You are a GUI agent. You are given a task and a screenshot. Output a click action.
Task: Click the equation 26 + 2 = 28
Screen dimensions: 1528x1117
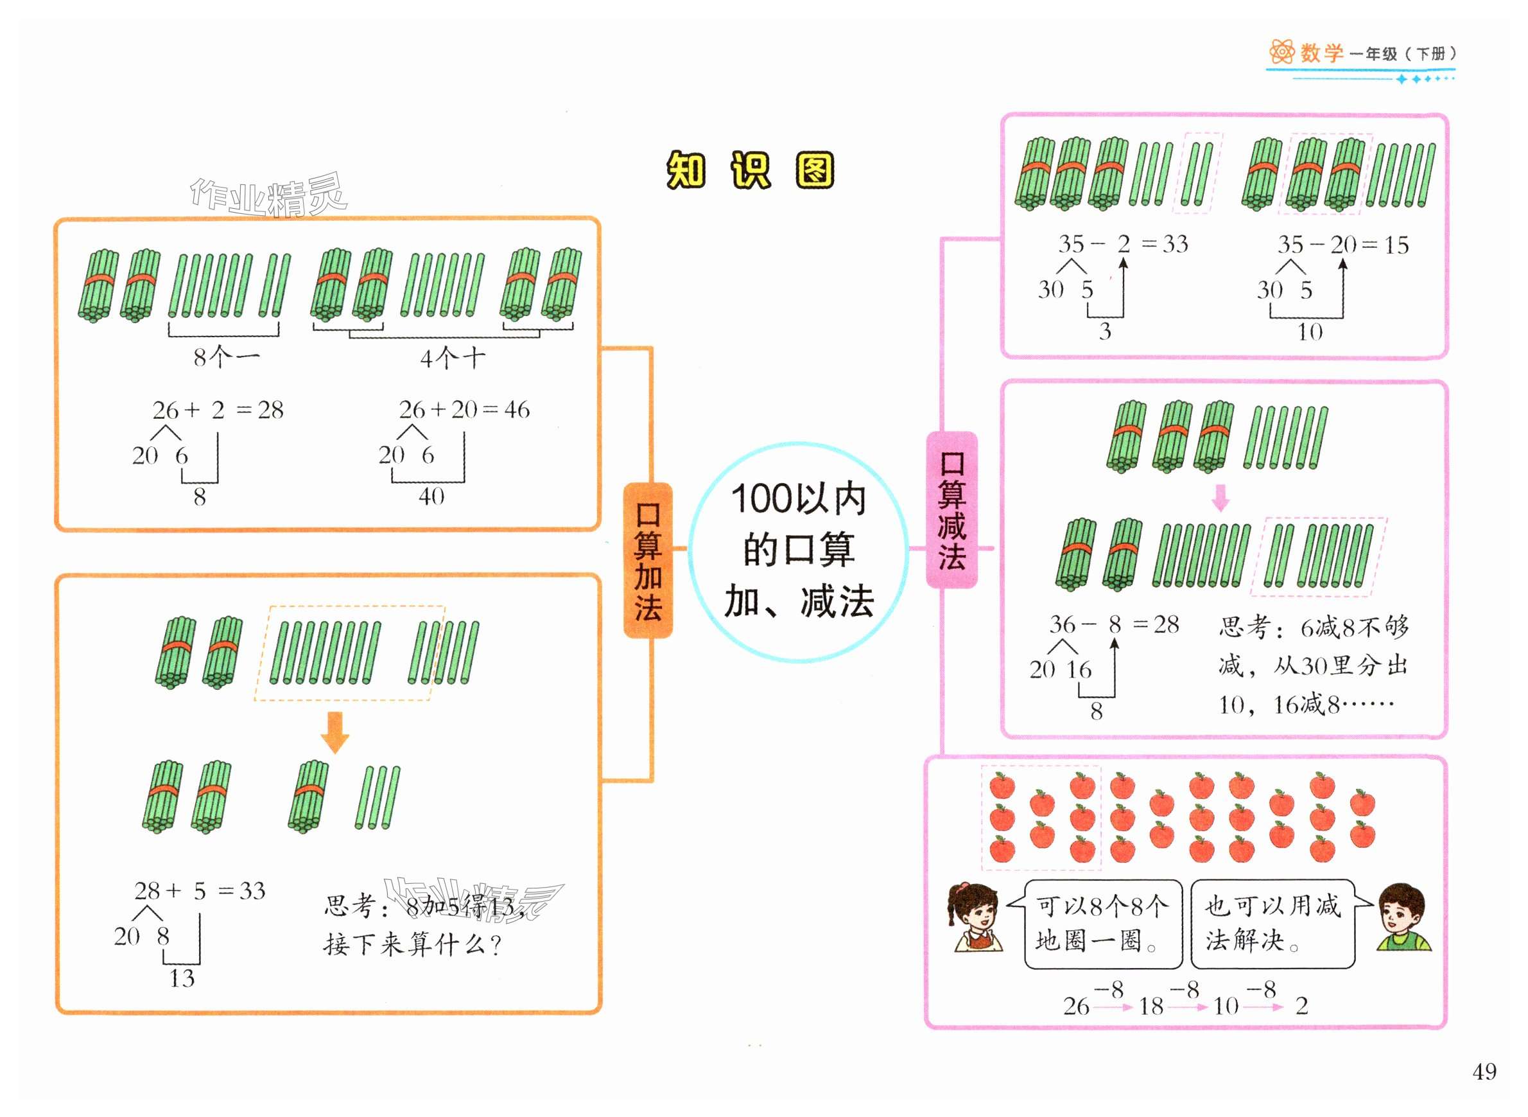click(218, 410)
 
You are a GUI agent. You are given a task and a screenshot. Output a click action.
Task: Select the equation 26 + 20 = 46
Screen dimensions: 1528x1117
click(464, 409)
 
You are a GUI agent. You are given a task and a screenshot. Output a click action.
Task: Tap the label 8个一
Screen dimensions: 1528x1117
click(226, 357)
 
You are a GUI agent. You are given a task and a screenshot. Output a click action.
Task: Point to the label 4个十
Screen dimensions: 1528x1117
click(452, 358)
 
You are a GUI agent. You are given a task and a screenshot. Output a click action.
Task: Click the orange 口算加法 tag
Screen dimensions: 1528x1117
click(647, 561)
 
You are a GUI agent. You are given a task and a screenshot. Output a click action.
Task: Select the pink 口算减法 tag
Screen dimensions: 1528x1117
click(951, 510)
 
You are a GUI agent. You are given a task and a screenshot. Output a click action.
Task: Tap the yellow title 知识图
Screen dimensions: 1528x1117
click(750, 170)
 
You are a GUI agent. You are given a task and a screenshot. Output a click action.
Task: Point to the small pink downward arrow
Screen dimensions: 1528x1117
click(1220, 498)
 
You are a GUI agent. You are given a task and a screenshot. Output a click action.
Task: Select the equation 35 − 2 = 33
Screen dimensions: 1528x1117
click(1122, 244)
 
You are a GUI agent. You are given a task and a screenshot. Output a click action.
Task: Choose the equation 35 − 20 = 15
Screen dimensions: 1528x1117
click(1342, 245)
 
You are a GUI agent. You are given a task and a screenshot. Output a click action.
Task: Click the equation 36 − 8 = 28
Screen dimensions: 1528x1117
click(1114, 624)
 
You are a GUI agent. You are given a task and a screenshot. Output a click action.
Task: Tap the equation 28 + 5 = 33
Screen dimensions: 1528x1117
click(200, 890)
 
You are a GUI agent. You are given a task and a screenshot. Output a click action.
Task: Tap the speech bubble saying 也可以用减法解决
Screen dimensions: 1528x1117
click(1272, 924)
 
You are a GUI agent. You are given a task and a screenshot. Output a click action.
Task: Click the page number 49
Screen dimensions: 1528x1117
click(1484, 1071)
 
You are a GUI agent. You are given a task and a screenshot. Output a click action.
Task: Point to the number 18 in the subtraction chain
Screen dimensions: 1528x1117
click(1151, 1007)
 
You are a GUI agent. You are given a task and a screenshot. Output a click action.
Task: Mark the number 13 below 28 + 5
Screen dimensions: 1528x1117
click(182, 978)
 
